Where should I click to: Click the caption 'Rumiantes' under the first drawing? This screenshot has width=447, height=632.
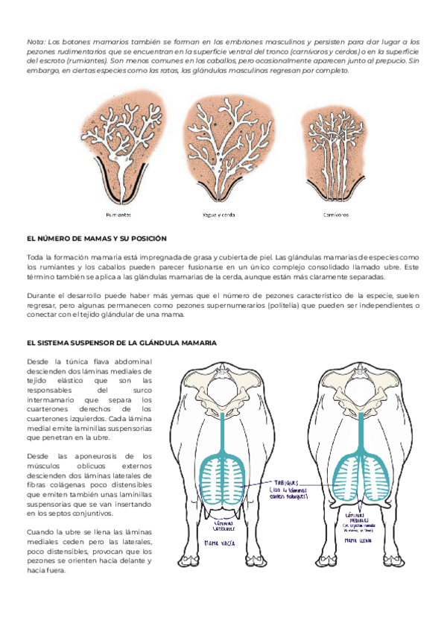point(118,214)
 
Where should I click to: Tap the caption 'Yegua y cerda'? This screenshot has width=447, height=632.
point(219,214)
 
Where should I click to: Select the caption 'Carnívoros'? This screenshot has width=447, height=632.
point(336,214)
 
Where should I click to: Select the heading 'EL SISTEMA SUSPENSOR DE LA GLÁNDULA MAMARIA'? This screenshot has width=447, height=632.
point(121,343)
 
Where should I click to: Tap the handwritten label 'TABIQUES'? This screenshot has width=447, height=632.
point(287,482)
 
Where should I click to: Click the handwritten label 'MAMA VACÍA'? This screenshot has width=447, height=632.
point(221,544)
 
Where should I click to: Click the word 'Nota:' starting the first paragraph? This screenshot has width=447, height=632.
point(37,42)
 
